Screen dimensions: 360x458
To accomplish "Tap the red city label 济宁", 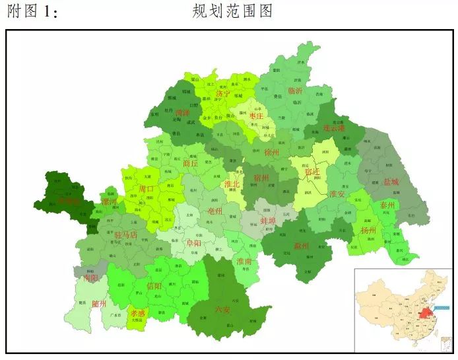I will (x=223, y=94).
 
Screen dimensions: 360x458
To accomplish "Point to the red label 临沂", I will (x=294, y=90).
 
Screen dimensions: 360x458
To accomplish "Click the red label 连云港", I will (x=334, y=127).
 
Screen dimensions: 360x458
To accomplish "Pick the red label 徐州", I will (x=272, y=153).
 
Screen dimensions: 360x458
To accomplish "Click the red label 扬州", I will (x=368, y=231).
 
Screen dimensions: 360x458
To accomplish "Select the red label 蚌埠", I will (x=268, y=221).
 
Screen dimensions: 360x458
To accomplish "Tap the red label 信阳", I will (x=154, y=286).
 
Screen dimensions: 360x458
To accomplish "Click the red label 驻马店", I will (x=125, y=234).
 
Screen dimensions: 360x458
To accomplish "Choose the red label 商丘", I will (x=190, y=163).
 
